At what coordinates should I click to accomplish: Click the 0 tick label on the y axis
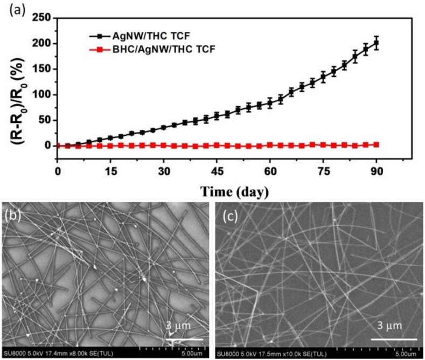pos(48,146)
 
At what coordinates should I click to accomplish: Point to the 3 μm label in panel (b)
pos(178,327)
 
